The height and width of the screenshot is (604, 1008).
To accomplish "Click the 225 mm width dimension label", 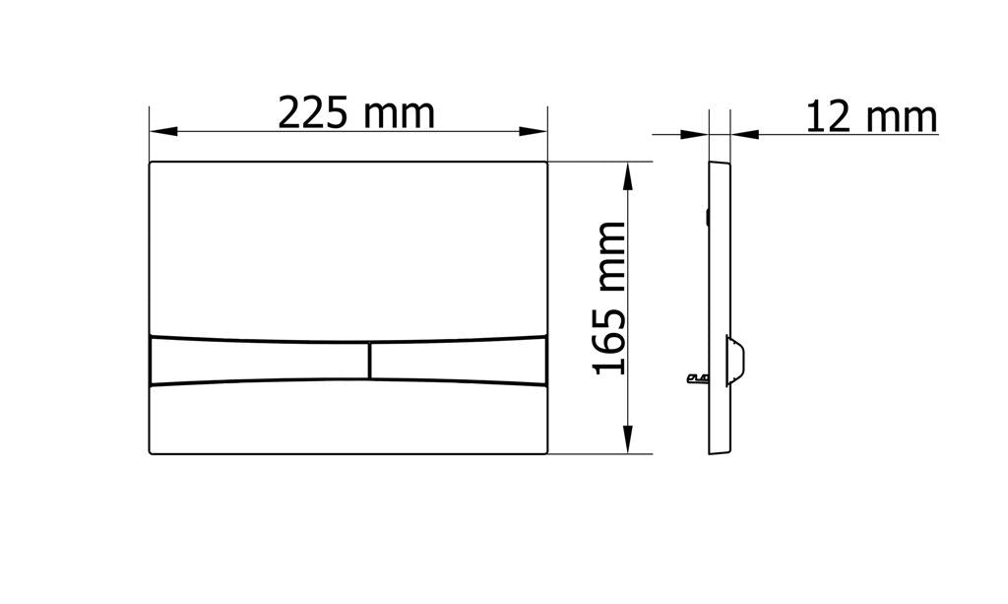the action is coord(356,113).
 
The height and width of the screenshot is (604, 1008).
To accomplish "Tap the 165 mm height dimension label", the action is coord(608,298).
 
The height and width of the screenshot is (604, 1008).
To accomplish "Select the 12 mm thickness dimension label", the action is coord(872,117).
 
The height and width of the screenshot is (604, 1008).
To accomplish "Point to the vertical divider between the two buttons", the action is coord(370,361).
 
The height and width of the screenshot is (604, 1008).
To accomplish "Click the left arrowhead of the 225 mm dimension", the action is coord(163,132).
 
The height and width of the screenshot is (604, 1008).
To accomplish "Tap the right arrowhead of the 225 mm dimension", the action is coord(533,132).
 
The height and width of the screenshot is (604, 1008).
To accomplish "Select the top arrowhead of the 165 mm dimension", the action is coord(629,176).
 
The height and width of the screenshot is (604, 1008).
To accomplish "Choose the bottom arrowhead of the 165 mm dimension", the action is coord(629,439).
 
